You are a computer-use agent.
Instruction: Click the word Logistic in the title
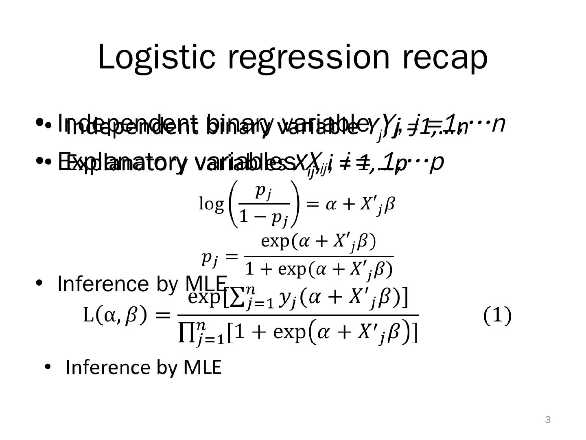156,57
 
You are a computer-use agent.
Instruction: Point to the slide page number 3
548,420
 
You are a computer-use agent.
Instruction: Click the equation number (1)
497,316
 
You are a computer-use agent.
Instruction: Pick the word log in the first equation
211,203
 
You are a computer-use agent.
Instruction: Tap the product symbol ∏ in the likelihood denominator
186,333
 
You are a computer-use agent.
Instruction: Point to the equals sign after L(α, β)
162,316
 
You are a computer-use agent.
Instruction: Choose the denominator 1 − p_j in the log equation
263,217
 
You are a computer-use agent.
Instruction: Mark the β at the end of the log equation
389,204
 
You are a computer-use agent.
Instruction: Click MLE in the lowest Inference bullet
202,367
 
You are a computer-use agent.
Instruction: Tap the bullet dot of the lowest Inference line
48,367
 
